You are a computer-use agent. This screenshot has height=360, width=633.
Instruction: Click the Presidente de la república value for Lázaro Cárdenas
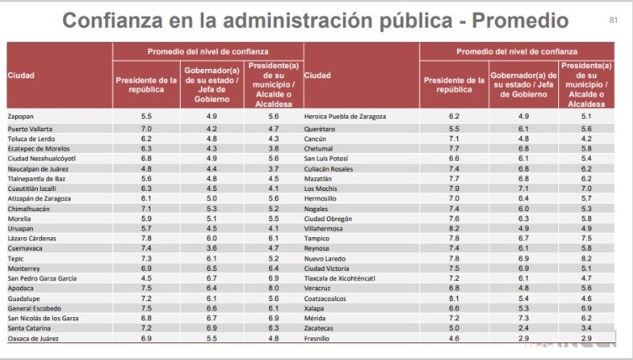coord(146,237)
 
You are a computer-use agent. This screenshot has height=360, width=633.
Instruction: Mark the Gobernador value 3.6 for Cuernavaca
coord(213,247)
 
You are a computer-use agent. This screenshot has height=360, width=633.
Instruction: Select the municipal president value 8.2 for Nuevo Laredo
coord(586,257)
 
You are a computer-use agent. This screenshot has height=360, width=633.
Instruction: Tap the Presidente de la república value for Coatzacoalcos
coord(454,297)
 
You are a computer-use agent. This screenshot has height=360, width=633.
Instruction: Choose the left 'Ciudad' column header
coord(20,77)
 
